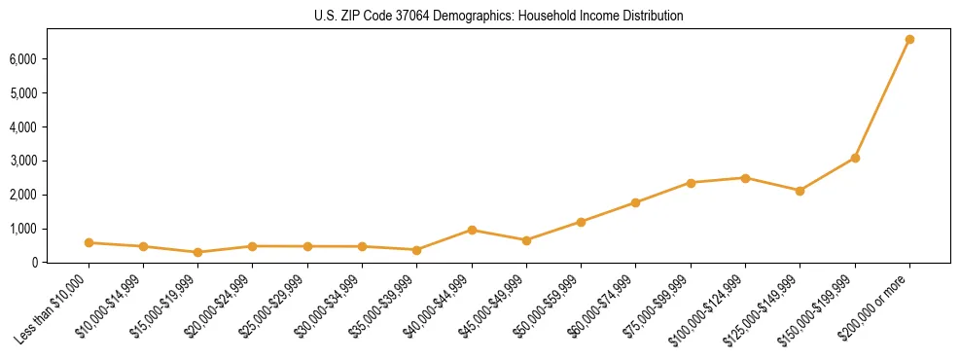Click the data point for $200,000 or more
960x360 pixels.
(909, 40)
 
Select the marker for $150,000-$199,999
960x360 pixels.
(855, 158)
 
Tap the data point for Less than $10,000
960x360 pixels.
(89, 242)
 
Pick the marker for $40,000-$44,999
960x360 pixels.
(472, 230)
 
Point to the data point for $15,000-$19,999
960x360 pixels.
(197, 252)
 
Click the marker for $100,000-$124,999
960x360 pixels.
(745, 178)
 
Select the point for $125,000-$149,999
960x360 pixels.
(800, 191)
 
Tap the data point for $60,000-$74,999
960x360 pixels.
(635, 202)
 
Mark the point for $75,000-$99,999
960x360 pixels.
(691, 183)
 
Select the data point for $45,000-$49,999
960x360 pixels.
(526, 240)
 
